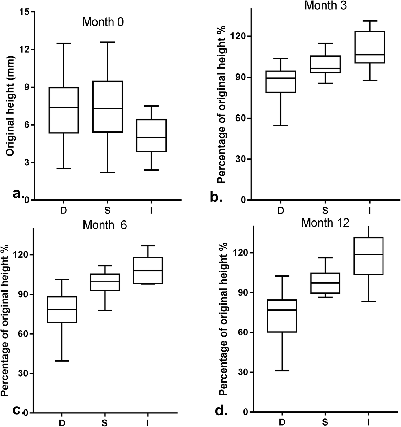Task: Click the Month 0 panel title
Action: [x=103, y=22]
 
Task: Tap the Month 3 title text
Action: [x=325, y=5]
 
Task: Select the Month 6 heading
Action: [x=105, y=225]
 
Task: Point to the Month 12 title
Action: [x=325, y=223]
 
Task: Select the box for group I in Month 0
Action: [x=151, y=135]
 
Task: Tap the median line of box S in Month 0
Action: [x=107, y=109]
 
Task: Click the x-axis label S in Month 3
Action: [x=325, y=211]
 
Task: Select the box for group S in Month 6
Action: [x=105, y=282]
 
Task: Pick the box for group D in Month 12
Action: [x=282, y=316]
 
